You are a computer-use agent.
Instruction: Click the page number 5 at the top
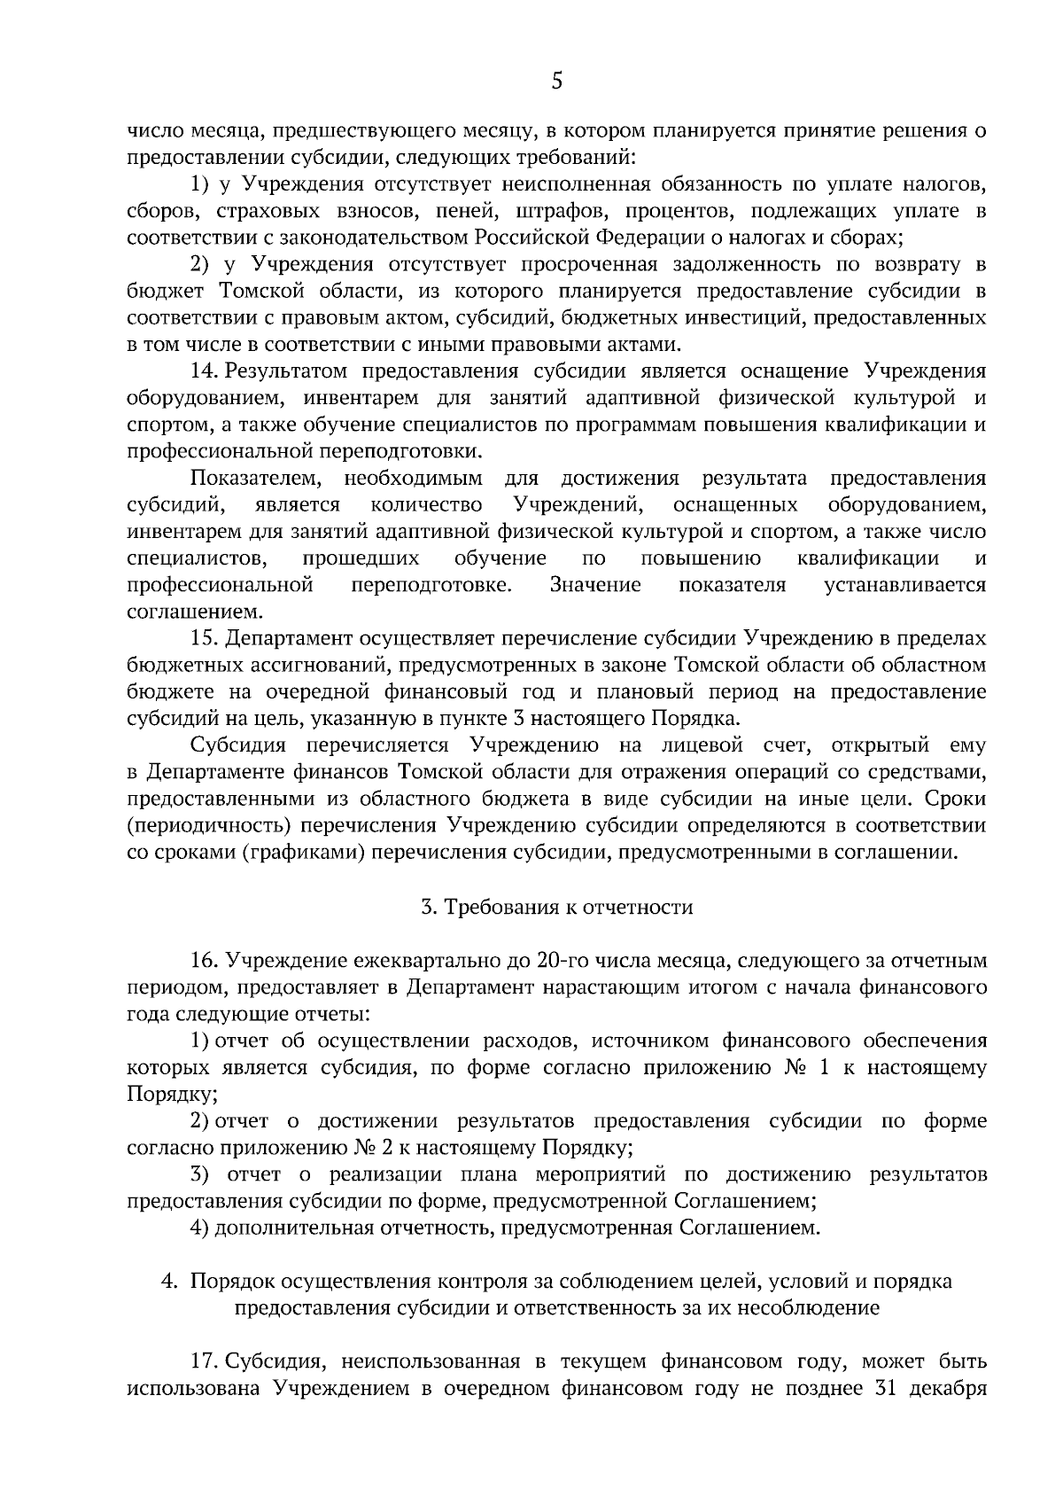pos(556,82)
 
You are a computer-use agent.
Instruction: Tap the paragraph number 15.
pos(204,638)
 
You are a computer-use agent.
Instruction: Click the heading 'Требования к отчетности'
pos(568,907)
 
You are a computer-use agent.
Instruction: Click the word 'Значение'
pos(595,585)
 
